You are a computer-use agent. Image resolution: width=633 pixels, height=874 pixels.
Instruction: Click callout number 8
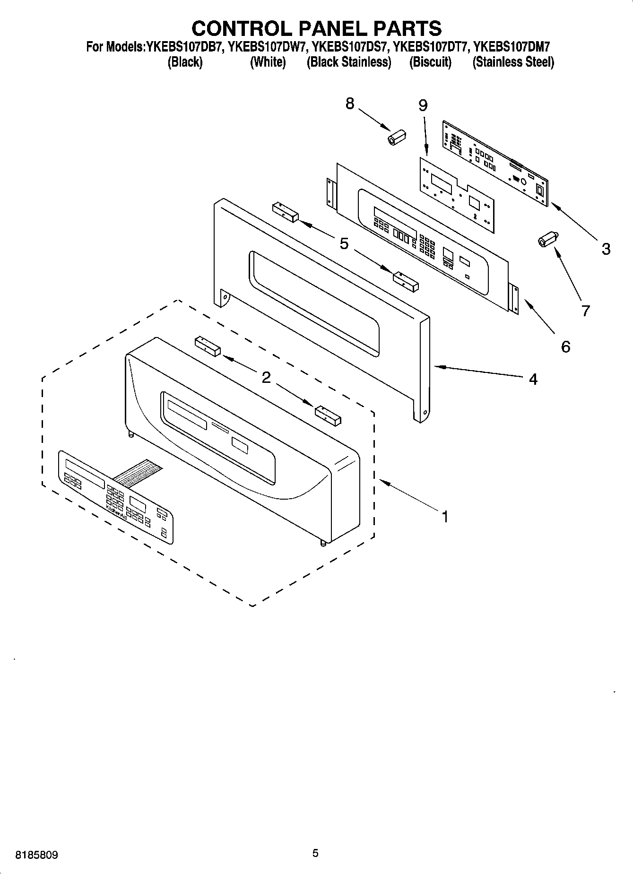[x=350, y=104]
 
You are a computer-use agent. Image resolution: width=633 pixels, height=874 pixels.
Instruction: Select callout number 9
[x=423, y=105]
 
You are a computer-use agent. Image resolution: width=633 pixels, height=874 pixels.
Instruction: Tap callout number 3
[x=606, y=249]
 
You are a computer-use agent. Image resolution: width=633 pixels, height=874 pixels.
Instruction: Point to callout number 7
[x=586, y=311]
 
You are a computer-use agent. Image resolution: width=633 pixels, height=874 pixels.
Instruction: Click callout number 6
[x=565, y=347]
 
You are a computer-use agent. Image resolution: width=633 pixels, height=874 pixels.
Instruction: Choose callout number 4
[x=533, y=379]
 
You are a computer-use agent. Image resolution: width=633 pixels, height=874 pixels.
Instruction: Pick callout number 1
[x=444, y=517]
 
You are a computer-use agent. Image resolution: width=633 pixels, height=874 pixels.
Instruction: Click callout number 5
[x=344, y=244]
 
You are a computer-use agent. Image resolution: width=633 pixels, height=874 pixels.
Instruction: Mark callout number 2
[x=266, y=377]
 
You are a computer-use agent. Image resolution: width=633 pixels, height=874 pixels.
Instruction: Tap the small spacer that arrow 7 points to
[x=547, y=239]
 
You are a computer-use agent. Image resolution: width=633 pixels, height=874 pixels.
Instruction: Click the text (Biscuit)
[x=430, y=62]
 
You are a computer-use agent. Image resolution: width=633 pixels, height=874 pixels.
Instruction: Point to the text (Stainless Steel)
[x=513, y=62]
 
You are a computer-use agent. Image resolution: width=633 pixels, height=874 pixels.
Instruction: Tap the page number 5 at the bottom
[x=315, y=853]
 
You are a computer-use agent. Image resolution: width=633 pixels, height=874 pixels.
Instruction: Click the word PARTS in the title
[x=407, y=28]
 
